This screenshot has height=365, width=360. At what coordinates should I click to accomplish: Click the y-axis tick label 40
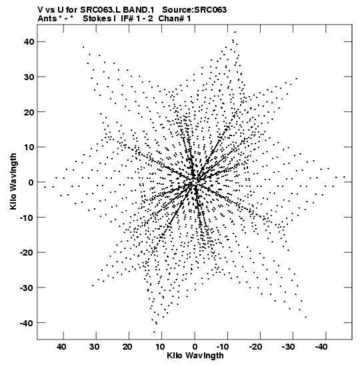point(29,42)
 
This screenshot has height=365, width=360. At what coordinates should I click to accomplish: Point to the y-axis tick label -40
point(27,323)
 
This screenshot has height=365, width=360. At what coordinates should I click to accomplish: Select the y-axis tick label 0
point(31,182)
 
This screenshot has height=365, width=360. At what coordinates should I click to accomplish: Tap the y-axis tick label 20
point(29,112)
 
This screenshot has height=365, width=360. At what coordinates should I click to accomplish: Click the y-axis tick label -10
point(27,218)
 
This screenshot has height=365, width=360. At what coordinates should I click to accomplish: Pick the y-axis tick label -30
point(27,288)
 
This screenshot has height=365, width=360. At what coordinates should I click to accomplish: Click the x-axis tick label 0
point(195,347)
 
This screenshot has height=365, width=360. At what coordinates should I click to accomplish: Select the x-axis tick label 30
point(94,347)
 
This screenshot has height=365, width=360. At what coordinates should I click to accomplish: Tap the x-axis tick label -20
point(255,347)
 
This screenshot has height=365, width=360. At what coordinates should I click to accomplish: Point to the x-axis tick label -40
point(321,347)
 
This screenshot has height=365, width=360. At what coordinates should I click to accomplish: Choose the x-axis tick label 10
point(160,347)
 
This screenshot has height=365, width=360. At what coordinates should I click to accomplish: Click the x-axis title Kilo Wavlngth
point(195,356)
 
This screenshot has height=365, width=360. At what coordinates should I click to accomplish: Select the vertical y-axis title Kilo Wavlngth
point(13,181)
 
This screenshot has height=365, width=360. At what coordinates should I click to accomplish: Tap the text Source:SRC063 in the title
point(194,10)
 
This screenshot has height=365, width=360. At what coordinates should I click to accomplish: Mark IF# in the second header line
point(127,19)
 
